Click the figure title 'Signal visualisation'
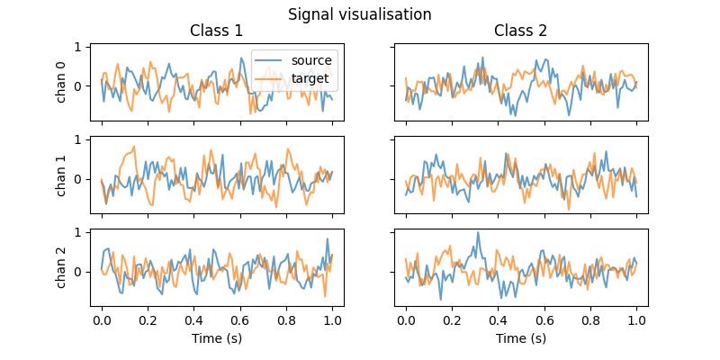(x=359, y=14)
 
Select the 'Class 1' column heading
(x=216, y=31)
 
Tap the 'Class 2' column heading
(x=521, y=31)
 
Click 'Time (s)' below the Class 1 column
(x=216, y=338)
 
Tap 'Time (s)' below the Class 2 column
(x=521, y=338)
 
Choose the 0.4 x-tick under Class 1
(x=194, y=319)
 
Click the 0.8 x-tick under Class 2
(x=590, y=319)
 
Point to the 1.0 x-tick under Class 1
(x=332, y=319)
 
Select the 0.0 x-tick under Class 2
(x=406, y=319)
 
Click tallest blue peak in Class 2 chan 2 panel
(x=478, y=233)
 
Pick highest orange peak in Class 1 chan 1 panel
(x=134, y=147)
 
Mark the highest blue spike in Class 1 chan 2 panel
(x=328, y=239)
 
